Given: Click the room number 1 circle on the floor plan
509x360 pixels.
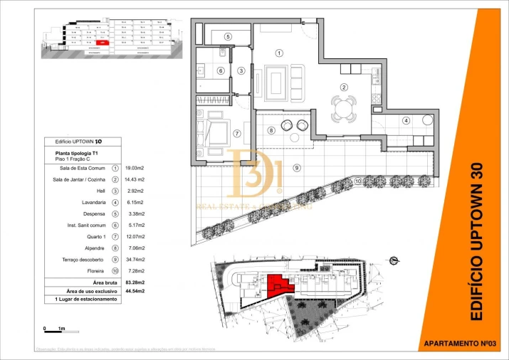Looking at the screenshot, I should pos(279,53).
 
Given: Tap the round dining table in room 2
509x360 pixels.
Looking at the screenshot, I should pos(344,109).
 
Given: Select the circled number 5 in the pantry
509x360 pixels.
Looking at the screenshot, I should pos(228,36).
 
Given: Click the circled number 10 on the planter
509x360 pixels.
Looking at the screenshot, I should pos(357,180).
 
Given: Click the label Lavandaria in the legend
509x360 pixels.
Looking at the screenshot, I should pos(95,202).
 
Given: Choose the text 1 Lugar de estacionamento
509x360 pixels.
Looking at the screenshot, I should pos(85,300).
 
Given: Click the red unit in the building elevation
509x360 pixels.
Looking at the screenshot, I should pos(103,43).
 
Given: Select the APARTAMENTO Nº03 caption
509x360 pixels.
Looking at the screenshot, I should pos(459,344).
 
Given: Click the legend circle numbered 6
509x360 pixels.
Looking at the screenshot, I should pos(115,225).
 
